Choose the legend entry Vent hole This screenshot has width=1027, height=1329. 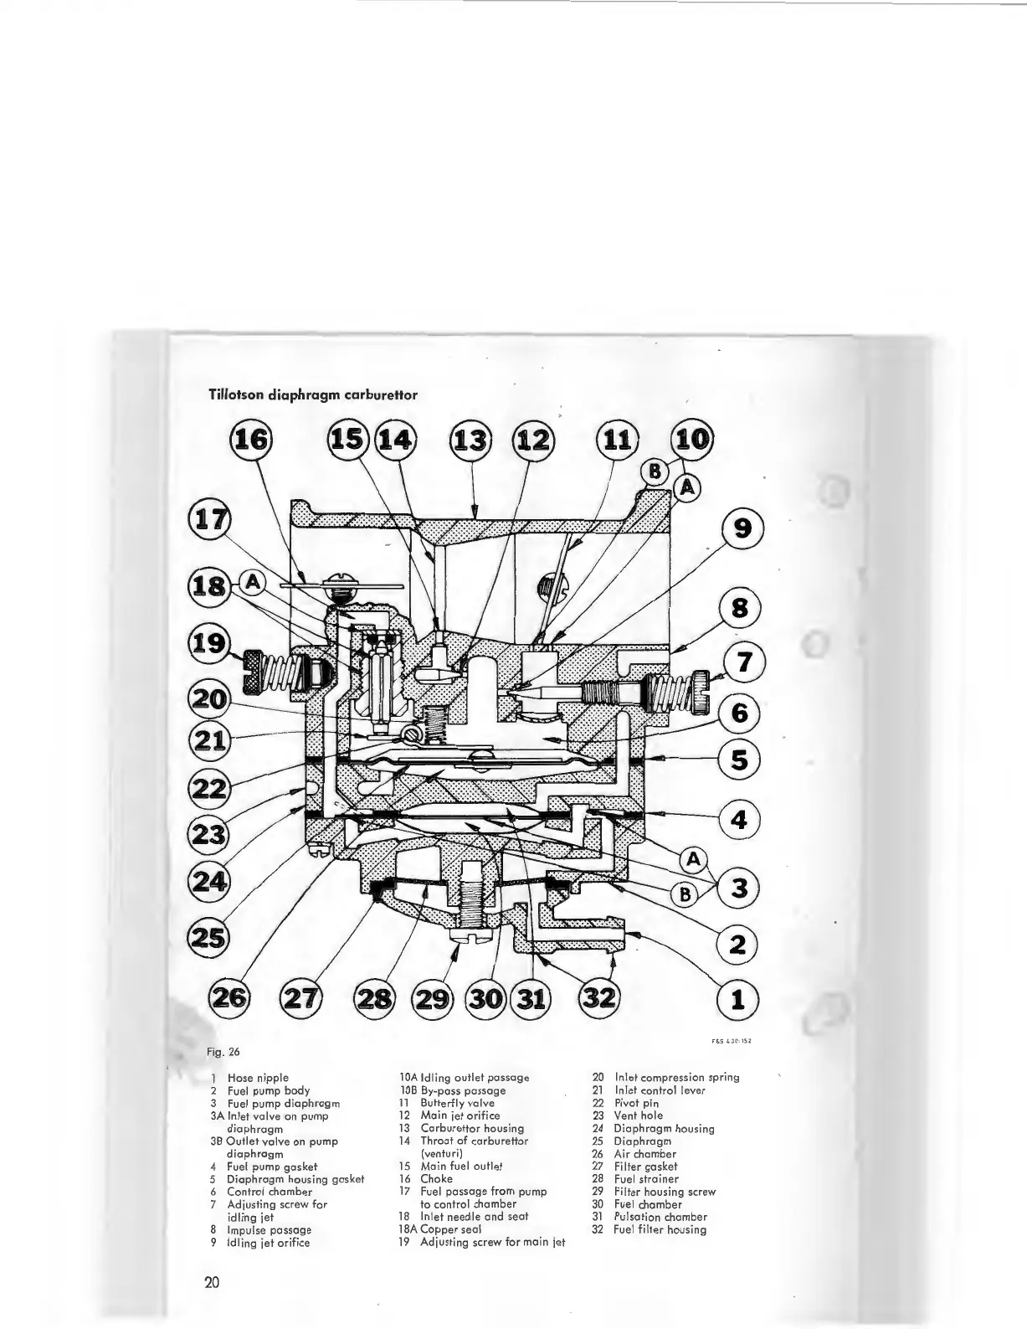[x=639, y=1115]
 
